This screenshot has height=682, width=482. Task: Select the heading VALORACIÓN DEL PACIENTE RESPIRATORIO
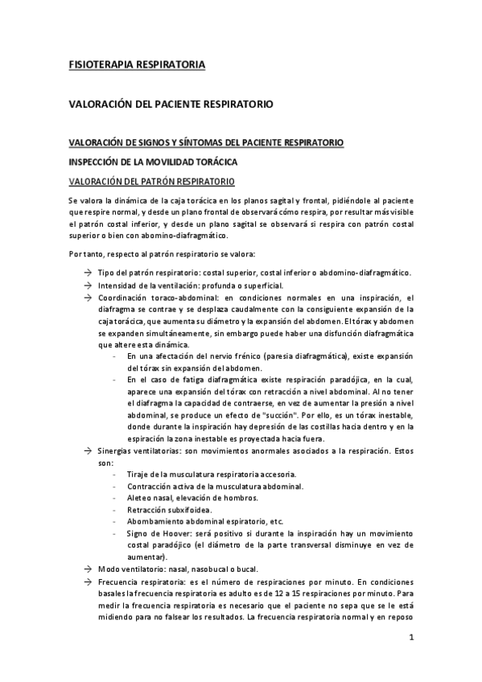pos(171,105)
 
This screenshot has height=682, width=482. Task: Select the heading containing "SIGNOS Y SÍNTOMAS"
pos(206,142)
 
